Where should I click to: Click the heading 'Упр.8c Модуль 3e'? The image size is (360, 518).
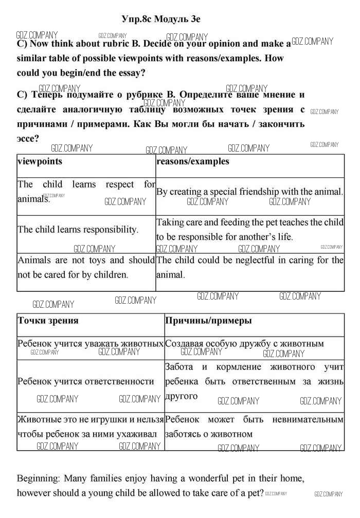point(161,19)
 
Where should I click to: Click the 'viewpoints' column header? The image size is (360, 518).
point(40,161)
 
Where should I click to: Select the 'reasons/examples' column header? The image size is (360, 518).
point(193,161)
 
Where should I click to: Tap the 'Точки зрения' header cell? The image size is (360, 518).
point(48,321)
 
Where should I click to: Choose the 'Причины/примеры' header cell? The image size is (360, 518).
point(208,321)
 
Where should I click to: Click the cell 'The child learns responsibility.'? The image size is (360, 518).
point(78,230)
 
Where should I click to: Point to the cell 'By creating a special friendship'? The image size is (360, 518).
point(249,192)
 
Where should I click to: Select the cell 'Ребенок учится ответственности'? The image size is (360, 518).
point(86,381)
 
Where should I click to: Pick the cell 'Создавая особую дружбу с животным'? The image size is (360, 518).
point(244,343)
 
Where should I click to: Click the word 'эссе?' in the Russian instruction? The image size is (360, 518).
point(28,139)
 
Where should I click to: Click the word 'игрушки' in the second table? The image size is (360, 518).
point(118,420)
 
